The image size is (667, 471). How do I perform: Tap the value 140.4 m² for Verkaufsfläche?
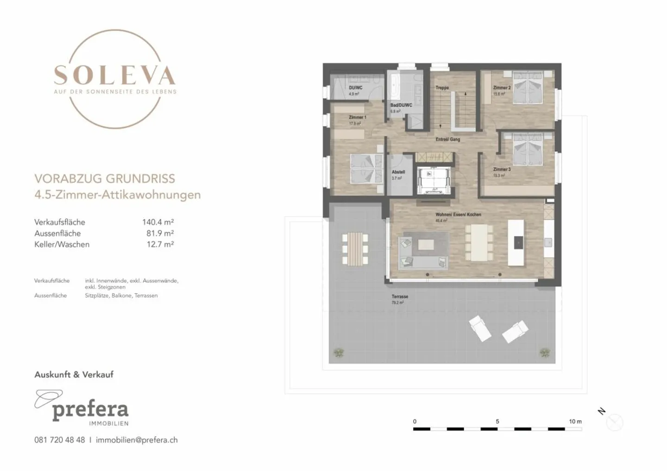(158, 222)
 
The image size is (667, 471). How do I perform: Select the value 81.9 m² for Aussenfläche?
(160, 233)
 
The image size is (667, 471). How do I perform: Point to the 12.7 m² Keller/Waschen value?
(160, 244)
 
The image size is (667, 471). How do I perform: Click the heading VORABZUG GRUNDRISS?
(105, 179)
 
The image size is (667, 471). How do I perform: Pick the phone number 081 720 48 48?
(59, 440)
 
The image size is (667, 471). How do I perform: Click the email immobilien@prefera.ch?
(137, 440)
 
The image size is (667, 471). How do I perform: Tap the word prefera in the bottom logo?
(90, 409)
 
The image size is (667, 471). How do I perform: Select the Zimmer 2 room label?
(502, 87)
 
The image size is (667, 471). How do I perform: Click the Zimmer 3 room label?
(502, 169)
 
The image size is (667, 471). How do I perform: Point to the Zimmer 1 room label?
(358, 118)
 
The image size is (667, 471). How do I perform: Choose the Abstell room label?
(398, 172)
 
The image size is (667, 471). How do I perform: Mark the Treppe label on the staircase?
(442, 87)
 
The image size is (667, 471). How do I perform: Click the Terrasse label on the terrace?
(400, 297)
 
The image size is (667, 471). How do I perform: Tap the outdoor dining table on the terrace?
(355, 249)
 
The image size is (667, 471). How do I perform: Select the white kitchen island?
(516, 242)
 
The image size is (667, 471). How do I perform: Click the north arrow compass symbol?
(614, 422)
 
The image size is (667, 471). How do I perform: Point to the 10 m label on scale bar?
(575, 421)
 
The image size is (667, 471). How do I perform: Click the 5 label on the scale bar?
(497, 421)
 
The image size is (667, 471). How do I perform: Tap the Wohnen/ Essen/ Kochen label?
(458, 215)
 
